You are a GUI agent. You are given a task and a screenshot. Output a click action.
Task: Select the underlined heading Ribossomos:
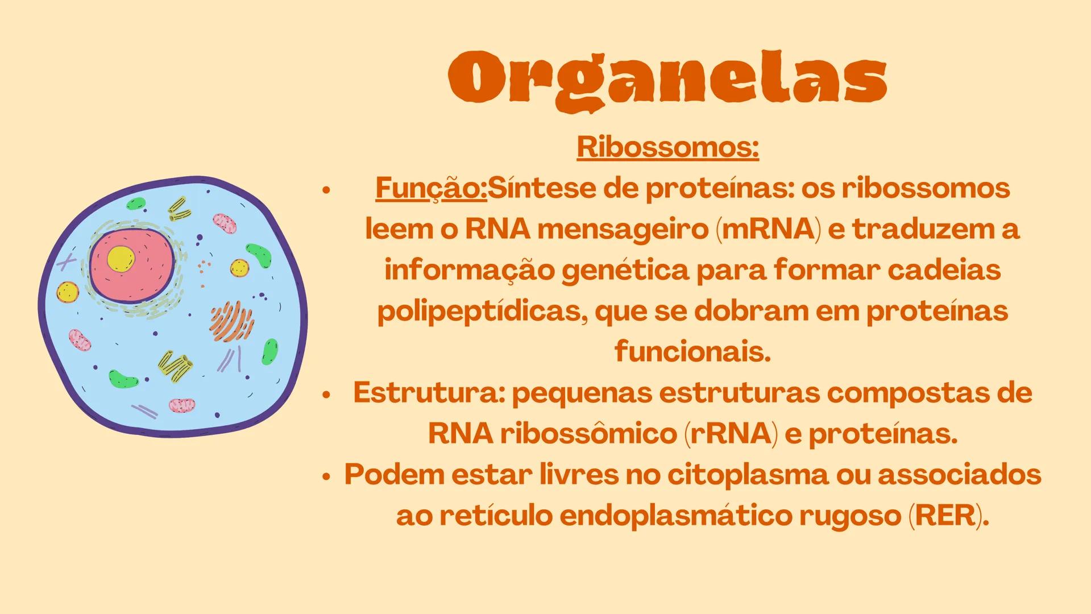(x=667, y=147)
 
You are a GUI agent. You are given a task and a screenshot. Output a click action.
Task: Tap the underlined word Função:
(x=431, y=188)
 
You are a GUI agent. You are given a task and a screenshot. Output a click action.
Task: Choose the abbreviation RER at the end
(x=945, y=516)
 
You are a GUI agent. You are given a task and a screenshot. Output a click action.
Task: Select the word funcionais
(x=692, y=351)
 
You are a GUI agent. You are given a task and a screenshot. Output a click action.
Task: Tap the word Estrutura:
(x=429, y=392)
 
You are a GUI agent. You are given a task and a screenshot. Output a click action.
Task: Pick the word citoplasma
(x=748, y=475)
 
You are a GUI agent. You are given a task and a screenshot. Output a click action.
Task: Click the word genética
(x=625, y=270)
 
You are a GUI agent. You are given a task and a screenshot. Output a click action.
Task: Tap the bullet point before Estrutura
(x=326, y=394)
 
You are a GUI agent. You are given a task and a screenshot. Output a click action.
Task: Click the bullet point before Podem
(x=326, y=476)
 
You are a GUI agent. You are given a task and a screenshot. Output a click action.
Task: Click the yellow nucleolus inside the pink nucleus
(x=121, y=259)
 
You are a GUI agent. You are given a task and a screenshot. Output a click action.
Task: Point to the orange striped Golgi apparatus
(x=231, y=321)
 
